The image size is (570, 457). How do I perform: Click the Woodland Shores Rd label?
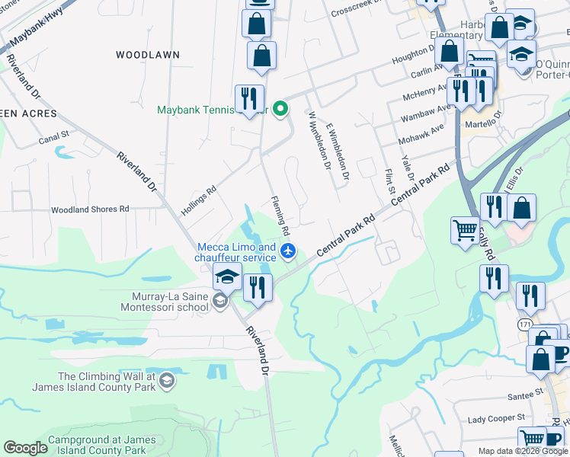(90, 209)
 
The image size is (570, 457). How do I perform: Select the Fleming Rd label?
(280, 215)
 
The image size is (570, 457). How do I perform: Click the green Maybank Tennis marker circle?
(280, 109)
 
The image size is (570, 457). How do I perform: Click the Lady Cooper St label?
(496, 418)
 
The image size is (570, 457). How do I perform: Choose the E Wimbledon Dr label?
(336, 152)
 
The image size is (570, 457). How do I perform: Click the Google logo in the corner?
(25, 448)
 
